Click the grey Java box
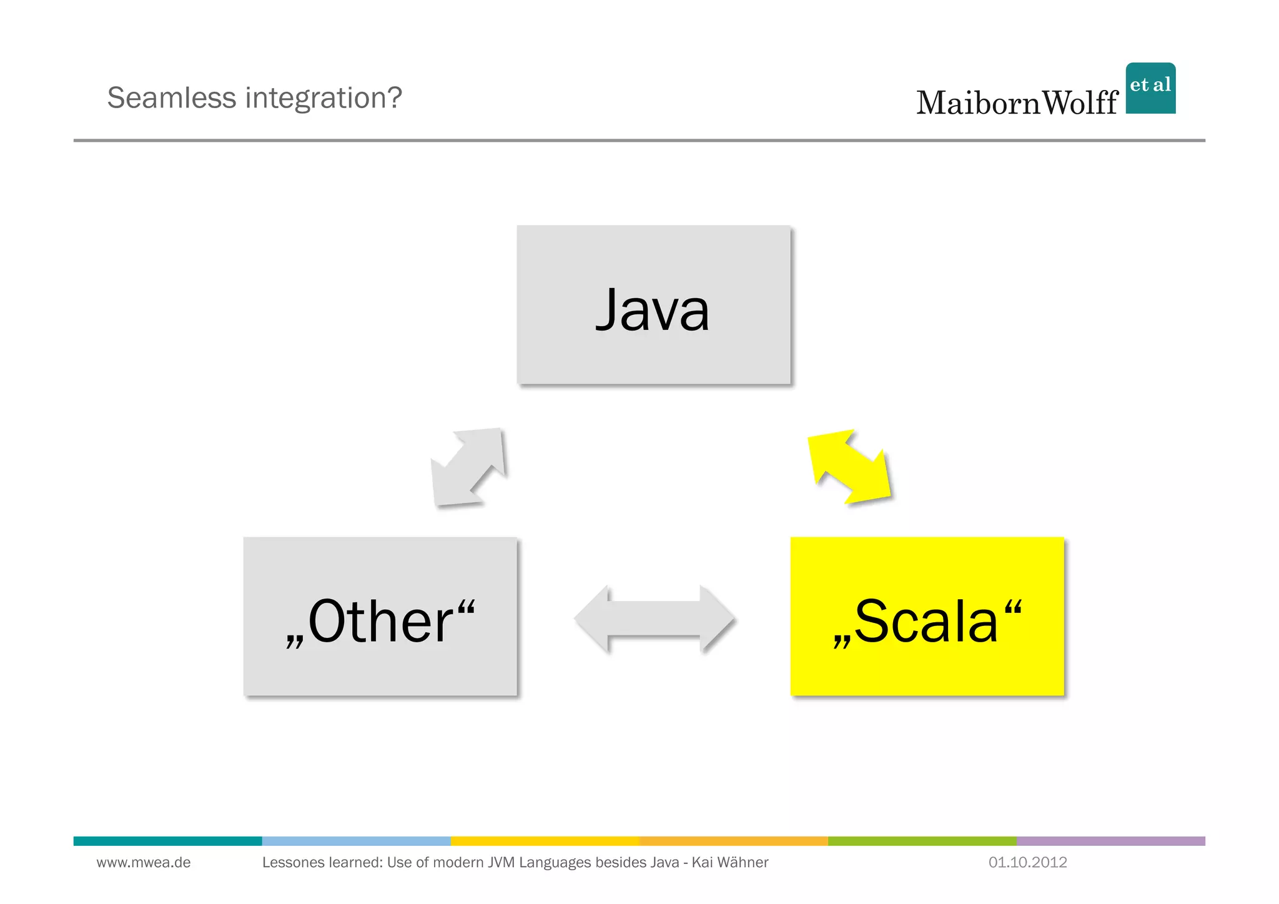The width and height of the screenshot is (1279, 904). (653, 305)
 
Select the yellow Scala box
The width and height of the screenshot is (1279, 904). (927, 616)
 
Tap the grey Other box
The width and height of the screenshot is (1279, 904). (380, 616)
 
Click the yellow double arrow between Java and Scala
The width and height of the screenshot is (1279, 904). (849, 466)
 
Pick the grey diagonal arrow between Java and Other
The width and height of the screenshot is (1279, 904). (468, 467)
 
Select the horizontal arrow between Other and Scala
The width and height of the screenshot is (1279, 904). (654, 618)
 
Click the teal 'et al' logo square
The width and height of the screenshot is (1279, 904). (1150, 88)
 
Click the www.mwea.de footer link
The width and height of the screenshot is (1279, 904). (144, 862)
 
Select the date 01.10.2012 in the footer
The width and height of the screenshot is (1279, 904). (1027, 862)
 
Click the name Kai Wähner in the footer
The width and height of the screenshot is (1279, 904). (729, 862)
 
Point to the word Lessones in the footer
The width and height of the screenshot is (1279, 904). (290, 862)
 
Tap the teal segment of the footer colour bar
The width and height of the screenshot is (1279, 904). (167, 841)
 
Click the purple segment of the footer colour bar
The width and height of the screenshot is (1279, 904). (1110, 841)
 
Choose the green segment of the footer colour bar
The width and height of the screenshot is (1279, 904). (922, 841)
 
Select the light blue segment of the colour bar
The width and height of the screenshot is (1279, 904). (356, 841)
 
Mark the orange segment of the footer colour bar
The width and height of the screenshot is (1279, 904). (733, 841)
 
